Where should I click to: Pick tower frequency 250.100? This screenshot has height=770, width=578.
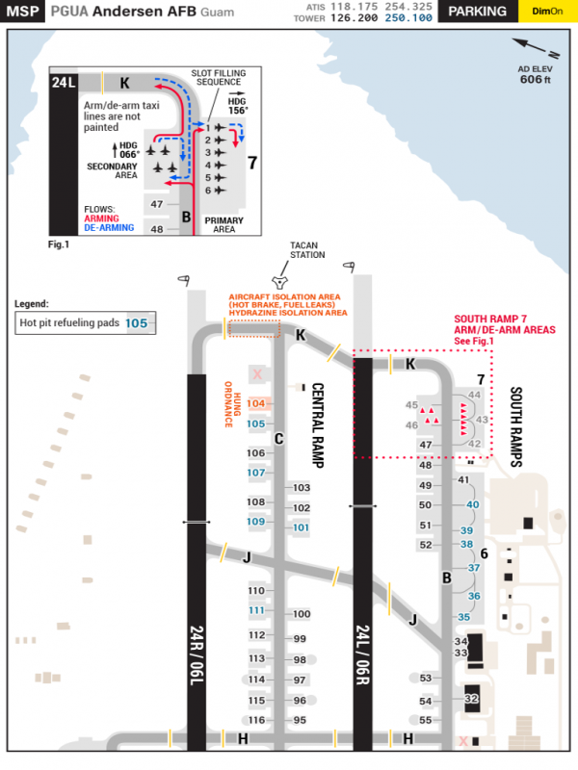408,17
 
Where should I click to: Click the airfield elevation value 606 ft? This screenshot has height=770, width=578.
535,80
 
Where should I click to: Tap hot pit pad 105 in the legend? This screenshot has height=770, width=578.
137,323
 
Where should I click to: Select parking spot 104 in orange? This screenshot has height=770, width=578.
255,403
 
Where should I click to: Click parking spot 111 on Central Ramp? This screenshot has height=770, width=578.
255,610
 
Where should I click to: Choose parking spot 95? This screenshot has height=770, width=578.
300,720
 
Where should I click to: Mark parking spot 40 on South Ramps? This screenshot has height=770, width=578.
472,504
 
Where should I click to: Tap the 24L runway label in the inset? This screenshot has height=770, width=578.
66,84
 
